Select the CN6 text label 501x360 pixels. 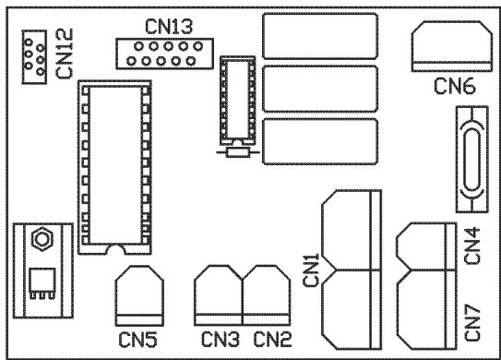coord(456,87)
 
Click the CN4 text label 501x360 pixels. coord(471,246)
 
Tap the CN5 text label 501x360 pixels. coord(139,339)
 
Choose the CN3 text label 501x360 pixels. coord(218,339)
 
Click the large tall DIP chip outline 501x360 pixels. coord(113,166)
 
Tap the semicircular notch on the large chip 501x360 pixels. coord(114,248)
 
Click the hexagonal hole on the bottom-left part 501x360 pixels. coord(41,240)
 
